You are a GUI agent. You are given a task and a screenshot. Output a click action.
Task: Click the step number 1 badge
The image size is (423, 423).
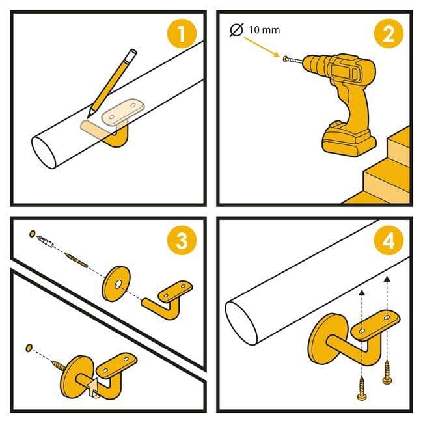[182, 34]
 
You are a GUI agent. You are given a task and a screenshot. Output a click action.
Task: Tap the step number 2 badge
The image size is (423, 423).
[389, 34]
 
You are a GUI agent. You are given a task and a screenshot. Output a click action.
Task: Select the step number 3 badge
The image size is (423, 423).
[182, 240]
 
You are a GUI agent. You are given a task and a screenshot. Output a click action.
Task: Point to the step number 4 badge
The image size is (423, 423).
[389, 240]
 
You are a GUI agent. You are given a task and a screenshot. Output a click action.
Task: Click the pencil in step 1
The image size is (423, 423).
[112, 83]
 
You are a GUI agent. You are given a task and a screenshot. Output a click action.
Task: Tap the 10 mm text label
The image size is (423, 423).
[264, 30]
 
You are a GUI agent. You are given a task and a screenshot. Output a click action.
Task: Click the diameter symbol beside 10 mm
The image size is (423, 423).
[236, 30]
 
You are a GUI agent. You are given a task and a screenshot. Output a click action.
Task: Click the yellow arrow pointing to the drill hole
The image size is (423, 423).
[262, 48]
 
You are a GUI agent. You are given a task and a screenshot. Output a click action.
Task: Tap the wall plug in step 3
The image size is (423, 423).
[45, 241]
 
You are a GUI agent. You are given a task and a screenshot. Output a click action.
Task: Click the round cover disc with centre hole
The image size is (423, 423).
[116, 284]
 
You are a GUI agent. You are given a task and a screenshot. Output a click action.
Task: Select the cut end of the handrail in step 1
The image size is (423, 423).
[44, 153]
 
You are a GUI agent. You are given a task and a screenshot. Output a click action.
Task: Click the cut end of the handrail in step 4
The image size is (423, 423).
[241, 323]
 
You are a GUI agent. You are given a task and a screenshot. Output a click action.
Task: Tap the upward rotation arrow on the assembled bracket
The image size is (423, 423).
[93, 387]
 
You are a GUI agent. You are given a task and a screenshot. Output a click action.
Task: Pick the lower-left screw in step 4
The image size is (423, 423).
[362, 388]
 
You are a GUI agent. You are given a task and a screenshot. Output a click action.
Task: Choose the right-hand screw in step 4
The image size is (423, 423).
[387, 372]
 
